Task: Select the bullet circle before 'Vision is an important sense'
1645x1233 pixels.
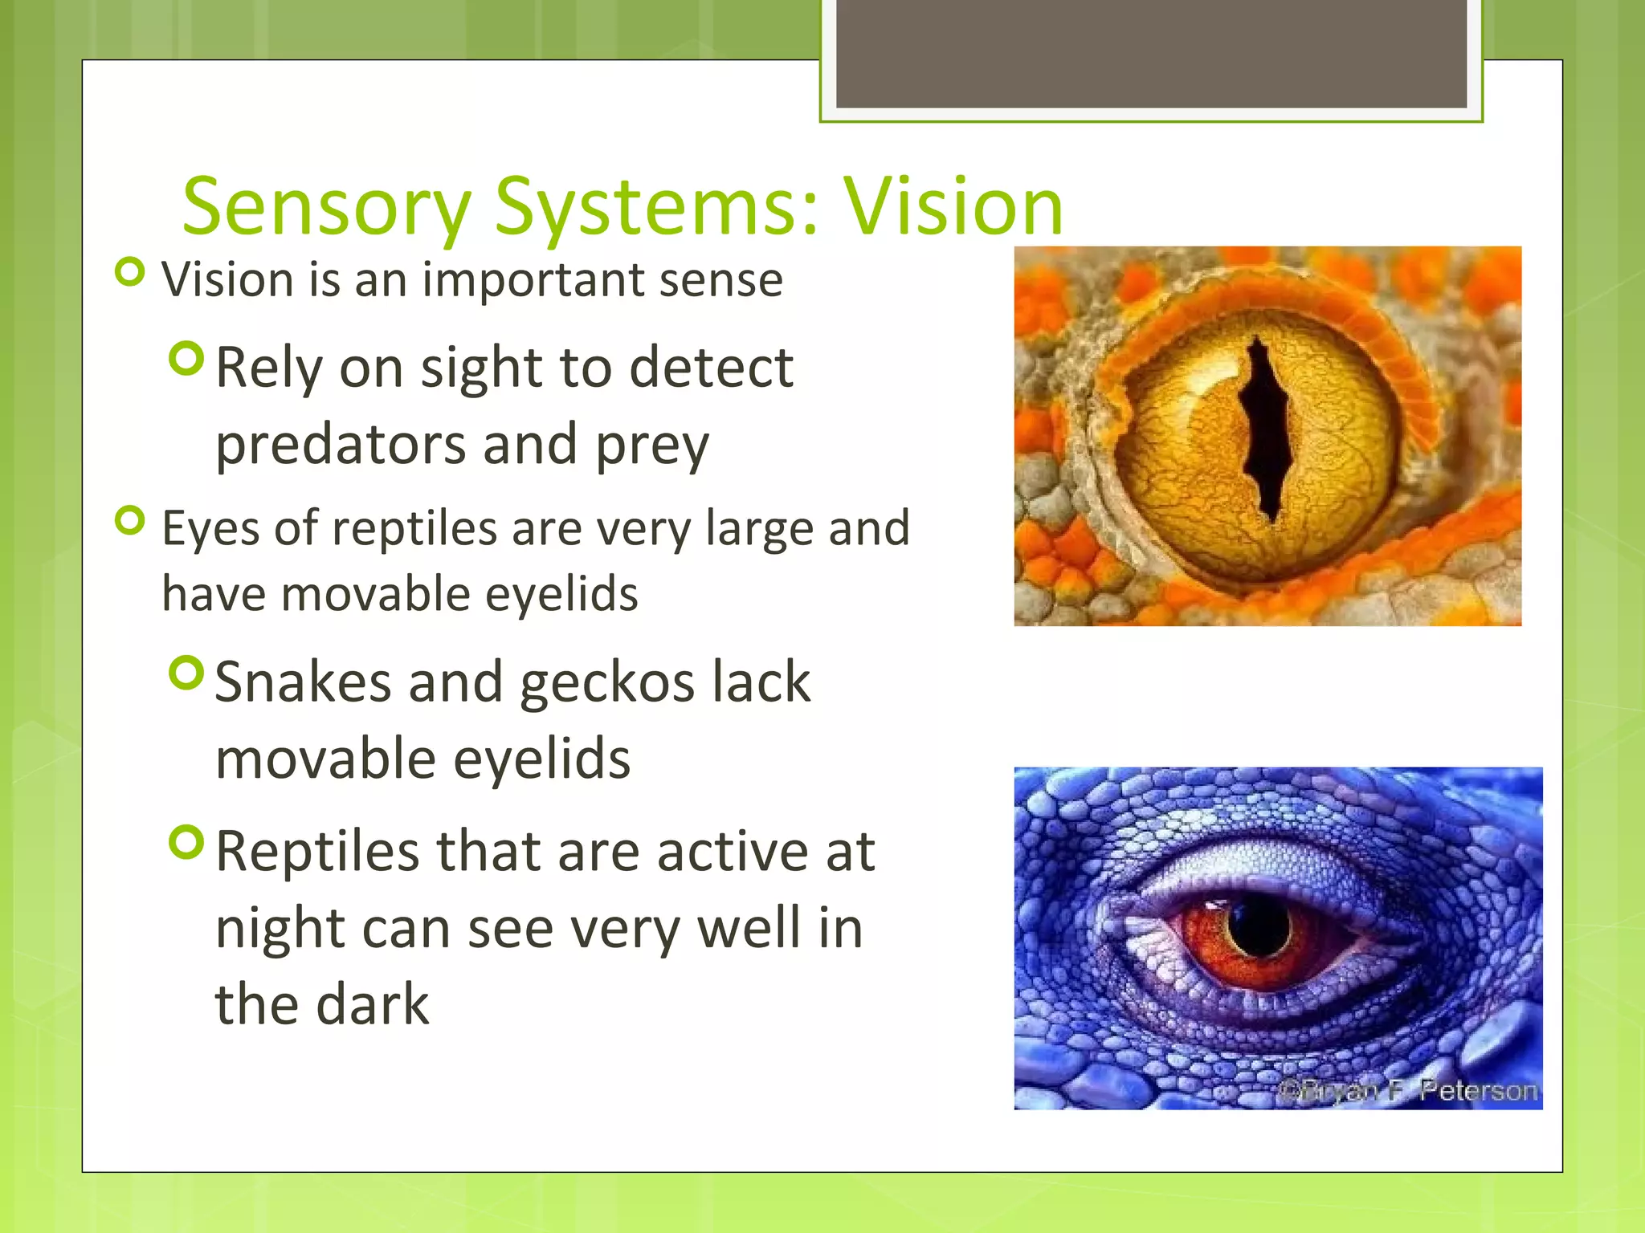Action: pos(130,272)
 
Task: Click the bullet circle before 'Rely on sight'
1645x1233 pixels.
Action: pos(187,358)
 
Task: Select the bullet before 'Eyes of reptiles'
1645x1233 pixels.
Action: pos(130,521)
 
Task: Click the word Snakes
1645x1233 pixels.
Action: pos(302,682)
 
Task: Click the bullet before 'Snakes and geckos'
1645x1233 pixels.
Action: pos(187,673)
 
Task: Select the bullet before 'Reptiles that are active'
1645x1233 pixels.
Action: pos(187,842)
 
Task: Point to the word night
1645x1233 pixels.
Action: pos(279,930)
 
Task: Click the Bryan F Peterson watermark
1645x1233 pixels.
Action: pos(1407,1091)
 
